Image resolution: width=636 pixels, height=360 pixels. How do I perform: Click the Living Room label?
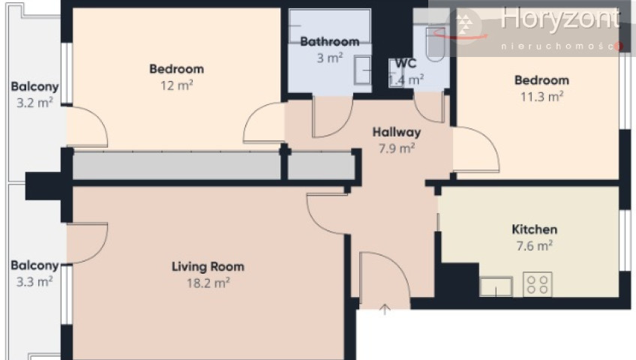tap(208, 267)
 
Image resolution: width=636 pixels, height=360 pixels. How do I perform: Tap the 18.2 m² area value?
tap(208, 283)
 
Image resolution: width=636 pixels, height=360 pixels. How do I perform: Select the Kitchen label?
tap(535, 229)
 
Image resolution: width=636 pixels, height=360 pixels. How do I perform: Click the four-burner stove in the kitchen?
tap(538, 284)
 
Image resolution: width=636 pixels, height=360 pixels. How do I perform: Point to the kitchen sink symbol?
tap(496, 286)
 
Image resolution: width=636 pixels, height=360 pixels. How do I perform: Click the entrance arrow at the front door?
tap(385, 309)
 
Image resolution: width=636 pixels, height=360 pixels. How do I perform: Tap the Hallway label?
tap(396, 132)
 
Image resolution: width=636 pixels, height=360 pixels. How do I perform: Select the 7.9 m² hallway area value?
tap(397, 148)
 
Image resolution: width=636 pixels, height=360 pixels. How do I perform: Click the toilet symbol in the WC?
tap(435, 44)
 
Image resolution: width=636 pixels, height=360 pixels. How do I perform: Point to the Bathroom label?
tap(330, 41)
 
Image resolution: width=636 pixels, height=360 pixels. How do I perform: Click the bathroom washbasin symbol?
tap(362, 70)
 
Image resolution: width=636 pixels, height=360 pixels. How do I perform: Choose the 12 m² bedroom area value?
tap(176, 85)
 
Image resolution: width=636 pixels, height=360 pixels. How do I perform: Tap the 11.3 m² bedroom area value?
tap(542, 97)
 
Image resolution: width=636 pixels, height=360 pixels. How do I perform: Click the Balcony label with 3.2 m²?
tap(34, 87)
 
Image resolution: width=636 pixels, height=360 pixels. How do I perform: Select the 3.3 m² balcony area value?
tap(34, 281)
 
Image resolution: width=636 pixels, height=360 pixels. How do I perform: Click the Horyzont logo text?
tap(560, 19)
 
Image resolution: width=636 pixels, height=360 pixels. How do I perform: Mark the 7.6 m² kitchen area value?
tap(535, 246)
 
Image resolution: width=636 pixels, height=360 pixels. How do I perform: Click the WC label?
tap(406, 63)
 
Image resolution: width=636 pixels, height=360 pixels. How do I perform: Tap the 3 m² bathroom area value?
tap(330, 58)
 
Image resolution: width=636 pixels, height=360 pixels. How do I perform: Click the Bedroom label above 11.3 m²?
tap(542, 80)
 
